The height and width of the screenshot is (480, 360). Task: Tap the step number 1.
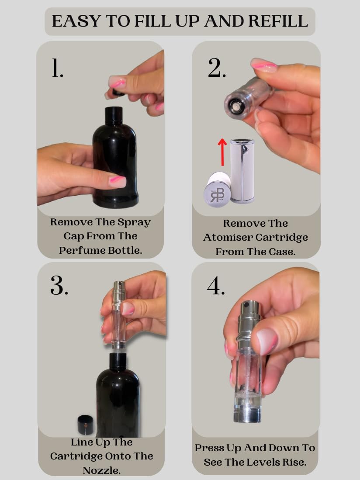57,68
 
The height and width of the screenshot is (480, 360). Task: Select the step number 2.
217,68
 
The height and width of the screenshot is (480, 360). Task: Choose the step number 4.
216,286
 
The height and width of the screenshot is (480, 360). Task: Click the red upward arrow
222,152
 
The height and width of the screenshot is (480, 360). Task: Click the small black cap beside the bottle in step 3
85,425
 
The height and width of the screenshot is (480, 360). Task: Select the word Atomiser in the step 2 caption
228,237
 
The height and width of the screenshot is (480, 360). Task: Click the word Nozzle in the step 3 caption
102,470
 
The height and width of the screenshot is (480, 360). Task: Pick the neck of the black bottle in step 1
114,116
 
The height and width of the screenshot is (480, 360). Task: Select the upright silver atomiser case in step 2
242,171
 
